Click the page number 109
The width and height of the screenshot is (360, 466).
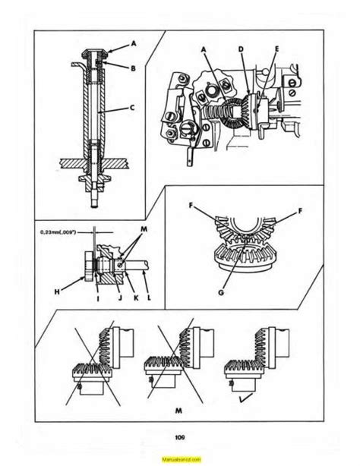(180, 437)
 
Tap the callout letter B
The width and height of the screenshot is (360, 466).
(133, 68)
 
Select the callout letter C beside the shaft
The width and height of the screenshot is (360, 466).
(133, 108)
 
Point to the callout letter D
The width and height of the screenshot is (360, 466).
(241, 49)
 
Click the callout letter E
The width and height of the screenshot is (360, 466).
(276, 49)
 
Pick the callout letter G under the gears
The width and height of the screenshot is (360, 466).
(221, 293)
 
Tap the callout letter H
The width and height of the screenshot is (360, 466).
(57, 292)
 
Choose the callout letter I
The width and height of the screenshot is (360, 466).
(98, 298)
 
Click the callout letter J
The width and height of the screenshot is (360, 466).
(120, 298)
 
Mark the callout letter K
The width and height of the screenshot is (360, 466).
(136, 298)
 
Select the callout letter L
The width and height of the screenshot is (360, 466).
(149, 298)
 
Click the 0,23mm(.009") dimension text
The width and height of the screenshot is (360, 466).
(58, 232)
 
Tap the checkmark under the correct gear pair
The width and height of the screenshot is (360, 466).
(246, 398)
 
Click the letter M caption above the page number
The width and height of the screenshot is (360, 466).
(178, 411)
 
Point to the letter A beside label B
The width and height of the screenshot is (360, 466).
(134, 44)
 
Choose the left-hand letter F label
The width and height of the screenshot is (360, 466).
(191, 206)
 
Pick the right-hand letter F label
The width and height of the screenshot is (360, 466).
(300, 211)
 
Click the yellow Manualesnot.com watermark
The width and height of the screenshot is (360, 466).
(182, 459)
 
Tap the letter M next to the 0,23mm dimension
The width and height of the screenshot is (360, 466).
(144, 229)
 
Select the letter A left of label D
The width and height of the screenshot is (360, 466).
(204, 49)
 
